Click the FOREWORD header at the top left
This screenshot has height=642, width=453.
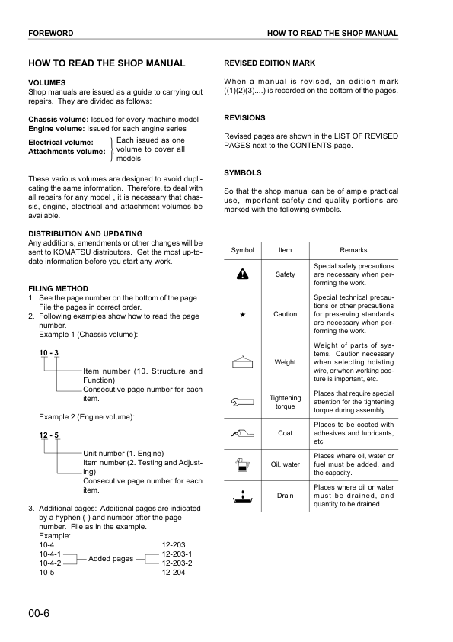point(50,34)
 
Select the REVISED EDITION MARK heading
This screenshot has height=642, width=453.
point(270,63)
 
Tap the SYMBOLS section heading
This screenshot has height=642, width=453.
point(243,172)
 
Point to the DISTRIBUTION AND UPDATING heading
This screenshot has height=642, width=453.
point(85,233)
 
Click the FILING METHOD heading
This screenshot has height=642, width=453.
point(58,288)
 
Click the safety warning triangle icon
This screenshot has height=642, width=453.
point(242,274)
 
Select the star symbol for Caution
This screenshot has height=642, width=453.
point(242,314)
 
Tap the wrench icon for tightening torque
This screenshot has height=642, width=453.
point(242,398)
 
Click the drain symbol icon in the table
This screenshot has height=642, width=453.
point(242,496)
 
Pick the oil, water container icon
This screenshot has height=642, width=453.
point(242,464)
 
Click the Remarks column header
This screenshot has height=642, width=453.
point(354,250)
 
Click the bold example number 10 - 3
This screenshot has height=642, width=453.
point(49,351)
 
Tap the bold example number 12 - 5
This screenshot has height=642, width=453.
point(49,435)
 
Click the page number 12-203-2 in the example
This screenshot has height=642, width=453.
point(177,563)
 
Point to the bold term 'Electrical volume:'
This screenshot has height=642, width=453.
point(61,143)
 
